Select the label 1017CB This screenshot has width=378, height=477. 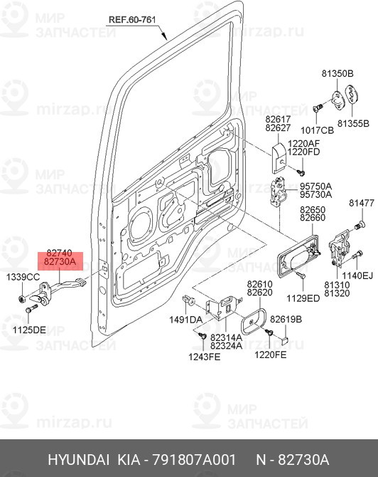tap(316, 130)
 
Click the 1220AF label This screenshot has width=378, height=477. tap(304, 142)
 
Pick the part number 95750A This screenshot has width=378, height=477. tap(314, 184)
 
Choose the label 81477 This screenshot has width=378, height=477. tap(361, 204)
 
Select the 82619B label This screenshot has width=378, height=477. tap(286, 320)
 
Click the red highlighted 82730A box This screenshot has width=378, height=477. tap(60, 262)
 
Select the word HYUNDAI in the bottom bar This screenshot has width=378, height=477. tap(78, 458)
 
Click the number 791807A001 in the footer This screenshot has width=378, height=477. tap(202, 458)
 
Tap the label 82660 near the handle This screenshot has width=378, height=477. tap(312, 218)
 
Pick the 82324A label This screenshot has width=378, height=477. tap(227, 345)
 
